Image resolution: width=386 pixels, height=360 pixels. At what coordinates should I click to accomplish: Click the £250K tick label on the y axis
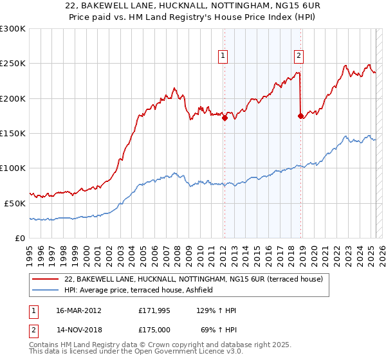pyautogui.click(x=13, y=64)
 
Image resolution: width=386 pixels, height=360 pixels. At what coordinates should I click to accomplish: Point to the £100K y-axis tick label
pyautogui.click(x=13, y=168)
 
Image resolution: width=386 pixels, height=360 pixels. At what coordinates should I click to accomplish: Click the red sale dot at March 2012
pyautogui.click(x=225, y=118)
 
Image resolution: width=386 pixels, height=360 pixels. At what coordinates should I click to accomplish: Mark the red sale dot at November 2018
pyautogui.click(x=300, y=116)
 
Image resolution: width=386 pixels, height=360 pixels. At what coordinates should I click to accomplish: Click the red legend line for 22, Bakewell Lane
pyautogui.click(x=46, y=279)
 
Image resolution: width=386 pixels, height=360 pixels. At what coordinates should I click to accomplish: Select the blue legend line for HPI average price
pyautogui.click(x=46, y=291)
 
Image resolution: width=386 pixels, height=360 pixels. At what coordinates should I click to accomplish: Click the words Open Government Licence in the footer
pyautogui.click(x=167, y=353)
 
